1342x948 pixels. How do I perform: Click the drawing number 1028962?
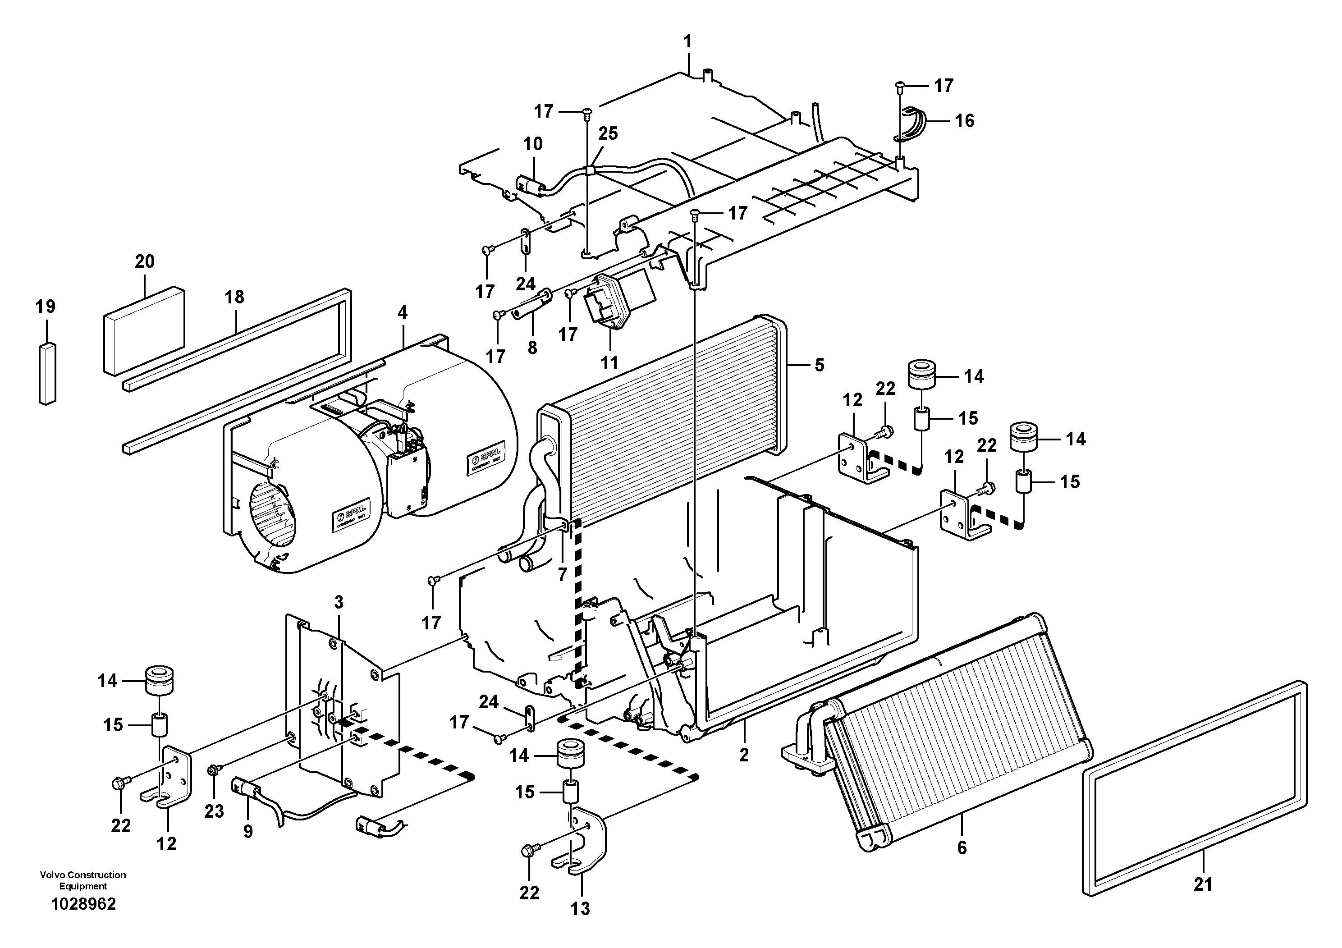coord(83,904)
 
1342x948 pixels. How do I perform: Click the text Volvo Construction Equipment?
coord(83,880)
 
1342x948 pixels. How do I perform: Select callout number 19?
coord(46,306)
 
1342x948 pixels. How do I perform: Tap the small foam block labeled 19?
coord(47,372)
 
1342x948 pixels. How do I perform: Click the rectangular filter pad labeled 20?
coord(144,330)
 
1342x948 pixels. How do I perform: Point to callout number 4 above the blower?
coord(402,313)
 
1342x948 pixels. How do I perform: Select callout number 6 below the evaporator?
coord(962,847)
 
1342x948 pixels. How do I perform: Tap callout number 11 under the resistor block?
coord(609,362)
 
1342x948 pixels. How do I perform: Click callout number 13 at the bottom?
coord(581,909)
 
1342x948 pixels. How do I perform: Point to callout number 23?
coord(214,811)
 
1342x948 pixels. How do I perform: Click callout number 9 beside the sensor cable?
coord(248,831)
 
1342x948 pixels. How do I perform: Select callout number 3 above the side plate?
coord(339,602)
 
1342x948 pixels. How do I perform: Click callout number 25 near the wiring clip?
coord(608,133)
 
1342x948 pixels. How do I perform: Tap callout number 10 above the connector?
coord(532,144)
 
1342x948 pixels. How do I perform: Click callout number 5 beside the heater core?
coord(820,365)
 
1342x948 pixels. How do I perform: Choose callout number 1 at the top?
coord(688,41)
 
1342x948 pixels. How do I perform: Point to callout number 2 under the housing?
coord(743,755)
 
